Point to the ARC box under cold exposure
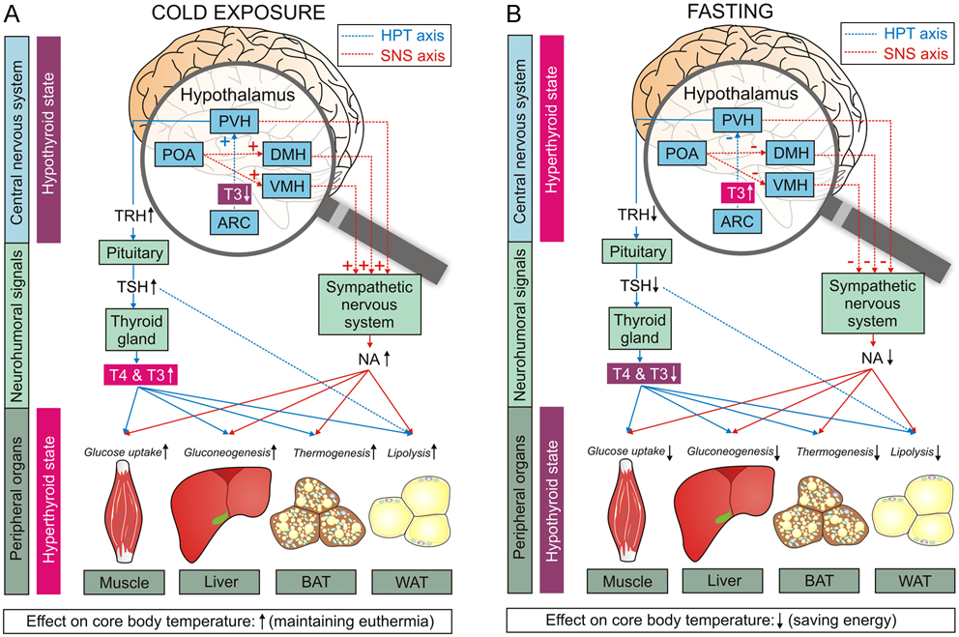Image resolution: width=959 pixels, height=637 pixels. [235, 221]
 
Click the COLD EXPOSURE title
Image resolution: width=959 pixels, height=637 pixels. [241, 15]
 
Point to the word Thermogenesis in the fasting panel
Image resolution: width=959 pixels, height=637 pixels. [834, 450]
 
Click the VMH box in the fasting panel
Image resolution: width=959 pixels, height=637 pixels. [791, 186]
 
